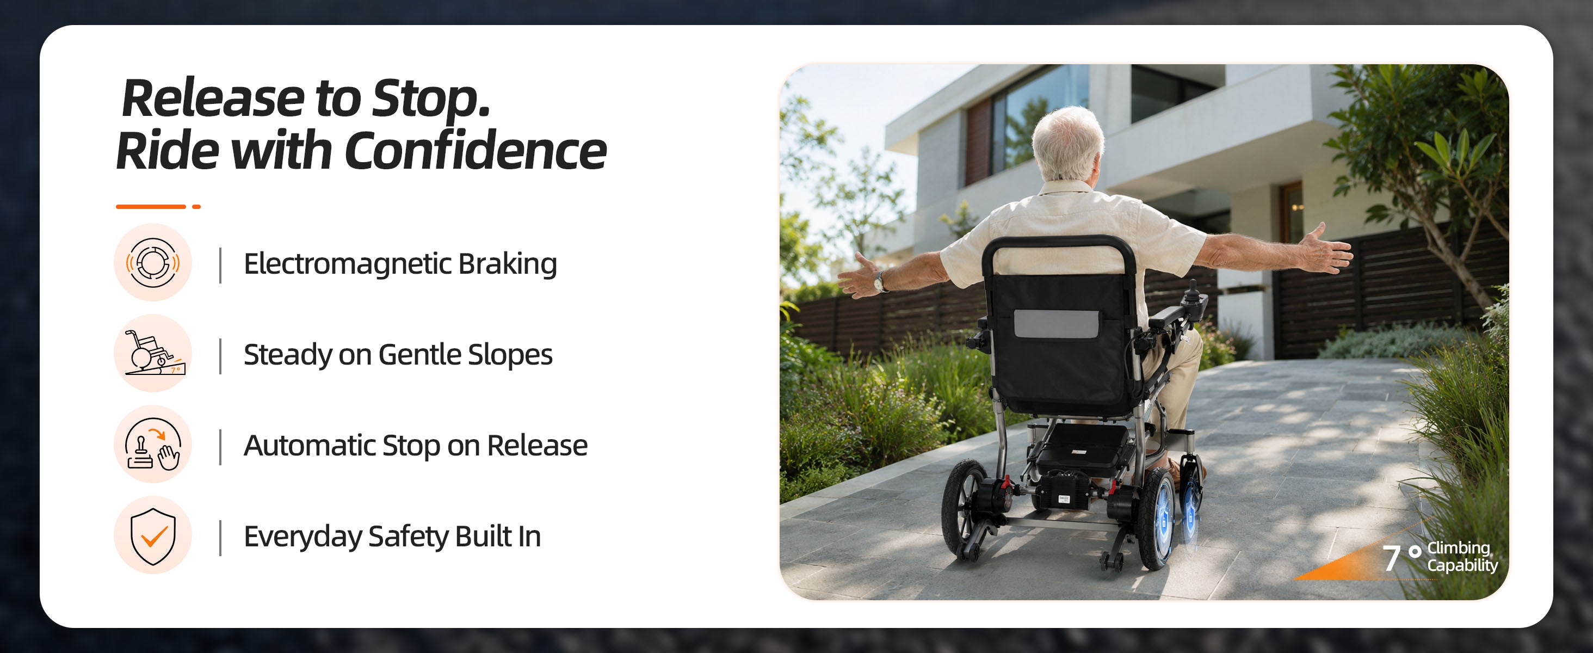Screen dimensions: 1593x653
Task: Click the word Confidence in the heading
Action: [475, 150]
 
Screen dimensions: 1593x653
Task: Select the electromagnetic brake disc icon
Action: [153, 262]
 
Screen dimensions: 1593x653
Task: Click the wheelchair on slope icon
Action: [153, 353]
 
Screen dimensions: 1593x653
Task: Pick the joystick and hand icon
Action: [153, 444]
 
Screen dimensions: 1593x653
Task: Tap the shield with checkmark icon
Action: [153, 535]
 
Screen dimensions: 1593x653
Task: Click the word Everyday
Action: [302, 537]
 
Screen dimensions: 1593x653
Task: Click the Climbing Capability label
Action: [1462, 557]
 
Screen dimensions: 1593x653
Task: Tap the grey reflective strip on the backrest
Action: [1056, 323]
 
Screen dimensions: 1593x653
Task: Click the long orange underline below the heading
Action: [151, 207]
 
